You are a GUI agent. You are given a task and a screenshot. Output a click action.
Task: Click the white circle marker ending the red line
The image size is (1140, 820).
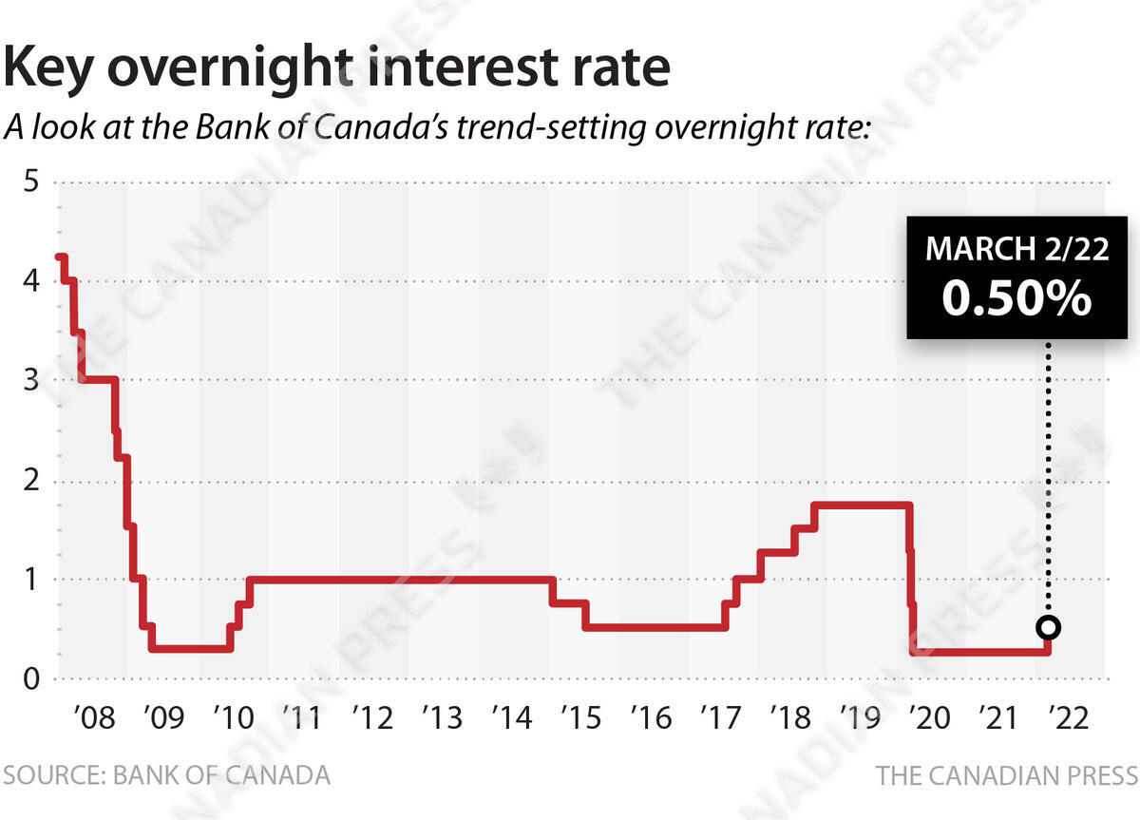tap(1049, 627)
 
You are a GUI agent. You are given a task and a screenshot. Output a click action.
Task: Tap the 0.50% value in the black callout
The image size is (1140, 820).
tap(1016, 298)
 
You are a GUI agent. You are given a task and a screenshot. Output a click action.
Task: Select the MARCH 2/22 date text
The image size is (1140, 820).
tap(1016, 248)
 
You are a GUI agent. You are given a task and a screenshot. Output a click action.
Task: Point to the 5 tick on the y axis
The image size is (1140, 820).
tap(31, 181)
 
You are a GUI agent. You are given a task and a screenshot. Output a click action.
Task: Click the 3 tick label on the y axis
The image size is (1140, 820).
tap(31, 380)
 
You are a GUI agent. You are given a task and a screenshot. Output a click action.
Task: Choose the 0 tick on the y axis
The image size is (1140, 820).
tap(31, 678)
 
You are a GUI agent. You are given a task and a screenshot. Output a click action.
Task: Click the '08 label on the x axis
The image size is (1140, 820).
tap(94, 717)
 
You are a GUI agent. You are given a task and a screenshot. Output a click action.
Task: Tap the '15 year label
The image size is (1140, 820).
tap(581, 717)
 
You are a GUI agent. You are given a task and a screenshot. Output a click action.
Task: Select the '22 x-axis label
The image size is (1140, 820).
tap(1069, 717)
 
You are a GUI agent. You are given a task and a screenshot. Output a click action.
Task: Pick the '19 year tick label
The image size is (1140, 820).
tap(860, 717)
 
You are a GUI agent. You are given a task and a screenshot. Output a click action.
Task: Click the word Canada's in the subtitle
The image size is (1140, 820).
tap(382, 126)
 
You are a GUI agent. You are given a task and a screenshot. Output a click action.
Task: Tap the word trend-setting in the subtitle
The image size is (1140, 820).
tap(551, 128)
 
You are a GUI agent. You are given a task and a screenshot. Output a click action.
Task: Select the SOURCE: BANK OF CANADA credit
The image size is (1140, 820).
tap(166, 775)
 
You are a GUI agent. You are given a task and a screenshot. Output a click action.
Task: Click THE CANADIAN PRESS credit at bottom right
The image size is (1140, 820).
tap(1007, 776)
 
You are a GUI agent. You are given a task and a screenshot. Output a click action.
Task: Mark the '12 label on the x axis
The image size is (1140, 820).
tap(372, 717)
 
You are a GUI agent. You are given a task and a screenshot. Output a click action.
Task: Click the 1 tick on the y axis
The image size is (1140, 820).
tap(31, 580)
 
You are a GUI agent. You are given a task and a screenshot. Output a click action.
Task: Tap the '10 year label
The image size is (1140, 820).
tap(234, 717)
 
